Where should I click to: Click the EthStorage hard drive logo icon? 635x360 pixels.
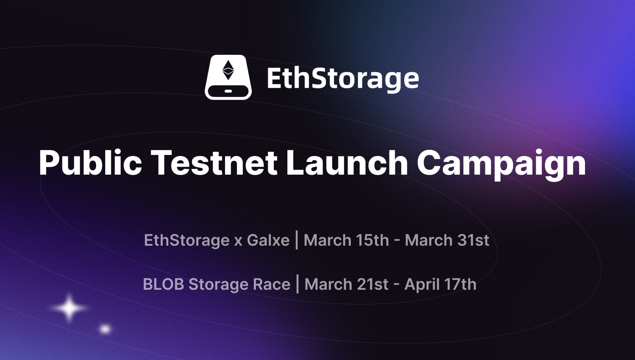click(228, 77)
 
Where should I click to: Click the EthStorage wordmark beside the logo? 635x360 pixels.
click(343, 79)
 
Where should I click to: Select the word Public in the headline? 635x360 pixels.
click(90, 163)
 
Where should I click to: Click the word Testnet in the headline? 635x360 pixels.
click(214, 163)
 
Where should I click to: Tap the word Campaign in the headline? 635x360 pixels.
click(501, 164)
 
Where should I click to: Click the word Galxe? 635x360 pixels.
click(268, 241)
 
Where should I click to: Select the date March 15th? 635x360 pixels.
click(346, 241)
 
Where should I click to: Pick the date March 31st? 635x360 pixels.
click(447, 241)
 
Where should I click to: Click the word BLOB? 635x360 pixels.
click(164, 285)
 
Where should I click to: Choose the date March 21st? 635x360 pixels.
click(346, 285)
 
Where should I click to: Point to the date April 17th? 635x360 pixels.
click(440, 285)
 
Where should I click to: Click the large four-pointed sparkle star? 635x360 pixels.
click(69, 308)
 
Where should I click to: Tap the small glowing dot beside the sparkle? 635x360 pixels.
click(106, 329)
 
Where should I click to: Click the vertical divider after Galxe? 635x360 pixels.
click(297, 240)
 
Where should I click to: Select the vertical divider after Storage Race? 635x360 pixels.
click(298, 284)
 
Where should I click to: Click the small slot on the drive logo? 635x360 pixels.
click(228, 91)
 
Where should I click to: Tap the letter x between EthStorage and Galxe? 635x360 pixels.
click(238, 241)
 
